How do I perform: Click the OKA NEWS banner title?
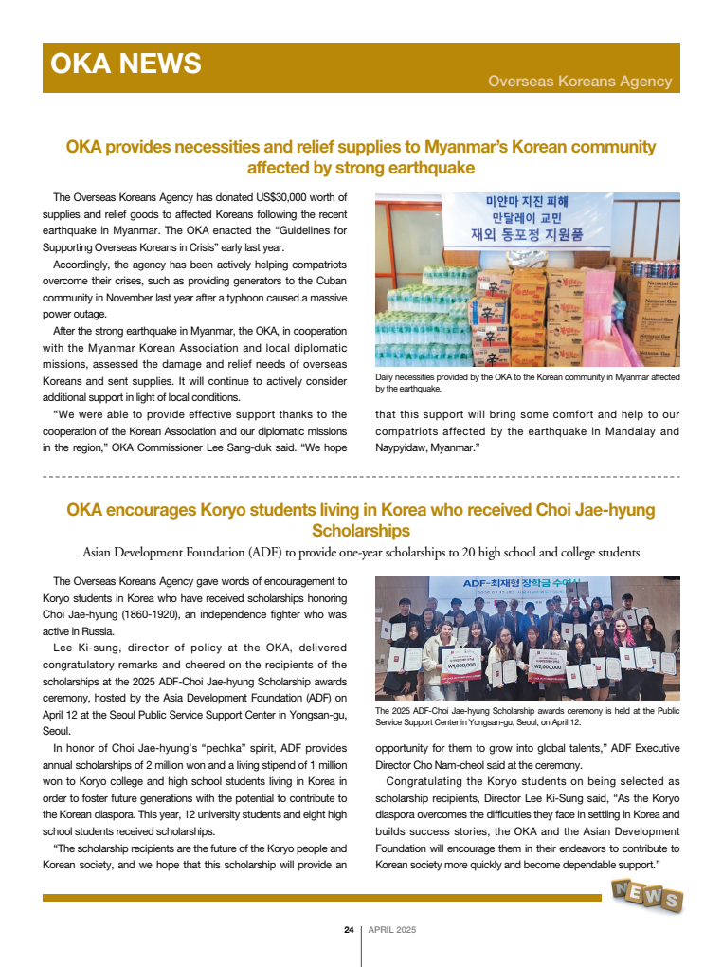tap(125, 64)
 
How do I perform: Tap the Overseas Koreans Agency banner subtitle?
tap(580, 82)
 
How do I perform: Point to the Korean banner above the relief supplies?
tap(527, 217)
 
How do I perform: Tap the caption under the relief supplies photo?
tap(527, 383)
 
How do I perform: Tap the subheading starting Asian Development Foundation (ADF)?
tap(360, 552)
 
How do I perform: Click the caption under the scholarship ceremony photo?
tap(527, 716)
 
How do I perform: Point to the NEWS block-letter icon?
tap(646, 894)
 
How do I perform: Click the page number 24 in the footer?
tap(349, 930)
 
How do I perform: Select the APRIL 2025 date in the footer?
tap(392, 930)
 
